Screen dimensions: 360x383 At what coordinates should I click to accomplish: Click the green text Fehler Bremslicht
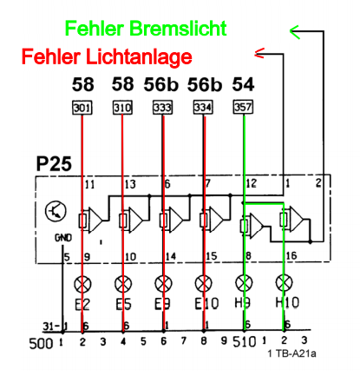(x=146, y=29)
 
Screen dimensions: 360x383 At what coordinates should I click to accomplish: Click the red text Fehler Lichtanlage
(x=107, y=56)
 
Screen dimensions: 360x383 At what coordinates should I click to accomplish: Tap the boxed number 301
(x=82, y=108)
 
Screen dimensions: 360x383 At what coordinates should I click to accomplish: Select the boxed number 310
(x=122, y=108)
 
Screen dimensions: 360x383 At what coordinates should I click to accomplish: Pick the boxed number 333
(x=163, y=108)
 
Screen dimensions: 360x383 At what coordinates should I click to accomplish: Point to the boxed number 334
(x=203, y=107)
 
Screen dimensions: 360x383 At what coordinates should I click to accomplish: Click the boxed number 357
(x=243, y=107)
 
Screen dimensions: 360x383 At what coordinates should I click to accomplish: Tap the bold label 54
(x=243, y=84)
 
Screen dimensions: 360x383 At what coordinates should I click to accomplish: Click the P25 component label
(x=54, y=163)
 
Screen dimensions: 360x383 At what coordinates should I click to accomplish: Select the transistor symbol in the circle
(x=56, y=211)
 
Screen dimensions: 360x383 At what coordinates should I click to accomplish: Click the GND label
(x=63, y=238)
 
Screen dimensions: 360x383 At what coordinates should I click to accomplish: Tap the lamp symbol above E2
(x=82, y=284)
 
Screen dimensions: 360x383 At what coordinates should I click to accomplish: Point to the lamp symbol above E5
(x=123, y=284)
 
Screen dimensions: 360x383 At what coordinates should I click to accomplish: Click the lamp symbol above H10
(x=284, y=283)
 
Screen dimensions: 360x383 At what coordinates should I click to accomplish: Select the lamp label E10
(x=206, y=303)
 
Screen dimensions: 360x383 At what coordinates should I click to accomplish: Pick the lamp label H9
(x=242, y=303)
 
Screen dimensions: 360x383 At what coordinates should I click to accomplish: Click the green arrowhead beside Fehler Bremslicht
(x=295, y=31)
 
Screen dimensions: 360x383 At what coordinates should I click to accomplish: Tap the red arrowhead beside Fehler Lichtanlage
(x=259, y=53)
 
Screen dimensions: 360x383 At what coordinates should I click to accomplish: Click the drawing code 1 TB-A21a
(x=291, y=353)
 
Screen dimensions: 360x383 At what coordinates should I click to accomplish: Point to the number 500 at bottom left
(x=41, y=344)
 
